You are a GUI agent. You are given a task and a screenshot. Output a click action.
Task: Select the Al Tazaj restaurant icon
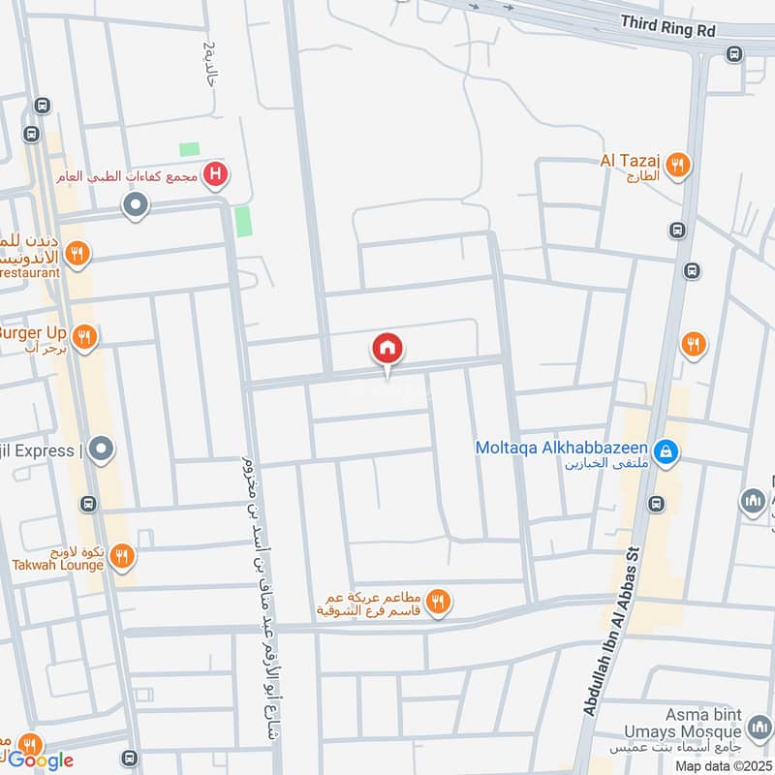point(680,166)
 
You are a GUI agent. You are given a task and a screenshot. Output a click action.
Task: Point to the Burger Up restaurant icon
point(85,336)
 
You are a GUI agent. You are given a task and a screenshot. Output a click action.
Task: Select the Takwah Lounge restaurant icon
point(121,556)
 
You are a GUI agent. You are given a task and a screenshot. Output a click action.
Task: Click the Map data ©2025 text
point(724,765)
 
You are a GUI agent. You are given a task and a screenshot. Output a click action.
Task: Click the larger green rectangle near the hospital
point(242,221)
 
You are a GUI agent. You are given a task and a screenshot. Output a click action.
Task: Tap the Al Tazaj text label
point(631,161)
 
